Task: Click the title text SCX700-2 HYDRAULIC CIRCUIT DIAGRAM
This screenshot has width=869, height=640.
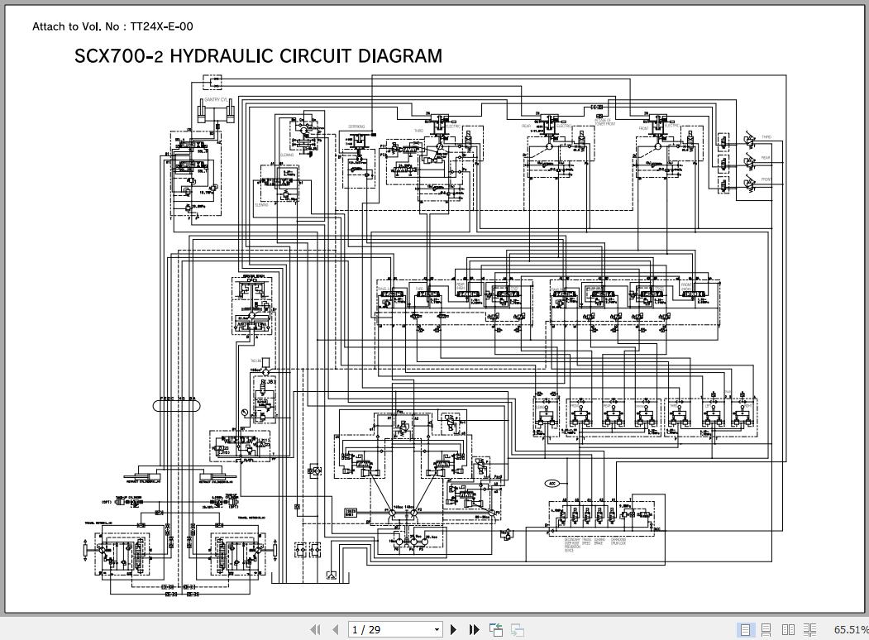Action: point(258,56)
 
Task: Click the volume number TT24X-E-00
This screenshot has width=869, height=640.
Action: point(161,26)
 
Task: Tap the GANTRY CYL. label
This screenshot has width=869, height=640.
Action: point(215,100)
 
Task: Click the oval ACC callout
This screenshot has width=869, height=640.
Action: point(552,483)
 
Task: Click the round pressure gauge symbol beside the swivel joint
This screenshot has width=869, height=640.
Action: point(245,412)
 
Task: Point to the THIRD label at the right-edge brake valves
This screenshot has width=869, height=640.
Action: point(766,137)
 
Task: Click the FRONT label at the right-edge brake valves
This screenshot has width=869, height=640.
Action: point(766,179)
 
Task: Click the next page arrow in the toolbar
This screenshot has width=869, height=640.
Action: point(454,629)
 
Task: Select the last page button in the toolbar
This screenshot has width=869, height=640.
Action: point(475,629)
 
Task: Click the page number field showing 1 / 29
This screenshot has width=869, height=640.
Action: point(395,629)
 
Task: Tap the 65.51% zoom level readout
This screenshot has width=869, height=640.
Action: point(850,629)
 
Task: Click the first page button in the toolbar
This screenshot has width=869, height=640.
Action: point(315,629)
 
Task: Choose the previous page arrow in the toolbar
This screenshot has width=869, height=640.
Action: point(335,629)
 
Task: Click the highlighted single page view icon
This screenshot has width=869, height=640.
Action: point(745,629)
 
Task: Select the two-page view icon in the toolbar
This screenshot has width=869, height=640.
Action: point(788,629)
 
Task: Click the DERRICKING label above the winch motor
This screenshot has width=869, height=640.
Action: point(356,127)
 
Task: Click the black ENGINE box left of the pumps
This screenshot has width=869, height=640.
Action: point(351,513)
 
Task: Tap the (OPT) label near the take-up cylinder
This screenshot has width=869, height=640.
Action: point(107,502)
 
